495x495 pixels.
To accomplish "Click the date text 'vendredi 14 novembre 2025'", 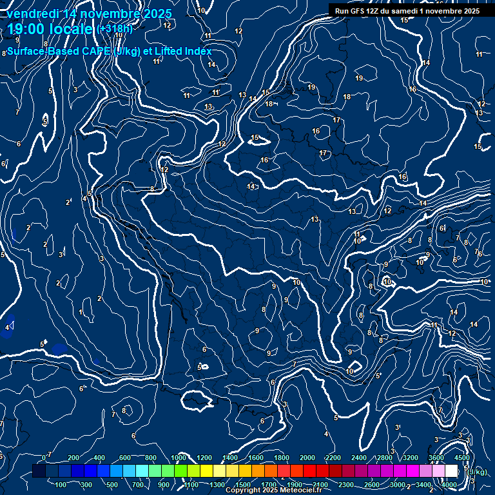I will [x=90, y=14].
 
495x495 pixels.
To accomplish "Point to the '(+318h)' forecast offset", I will [x=115, y=29].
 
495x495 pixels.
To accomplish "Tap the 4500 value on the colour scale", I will [x=462, y=458].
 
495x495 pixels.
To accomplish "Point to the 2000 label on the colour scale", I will [x=307, y=458].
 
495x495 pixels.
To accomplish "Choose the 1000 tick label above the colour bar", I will [x=179, y=458].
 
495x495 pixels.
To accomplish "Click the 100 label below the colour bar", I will [x=61, y=485].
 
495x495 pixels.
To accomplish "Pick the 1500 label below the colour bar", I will [x=243, y=485].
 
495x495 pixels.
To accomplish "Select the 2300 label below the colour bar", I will [x=346, y=485].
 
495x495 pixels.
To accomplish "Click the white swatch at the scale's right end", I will [x=451, y=471].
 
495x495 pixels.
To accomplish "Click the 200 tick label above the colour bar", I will [x=73, y=458].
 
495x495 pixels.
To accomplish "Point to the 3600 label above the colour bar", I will [x=436, y=458].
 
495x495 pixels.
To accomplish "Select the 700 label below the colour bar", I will [x=139, y=485].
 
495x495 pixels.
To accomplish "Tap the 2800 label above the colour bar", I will [x=385, y=458].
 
